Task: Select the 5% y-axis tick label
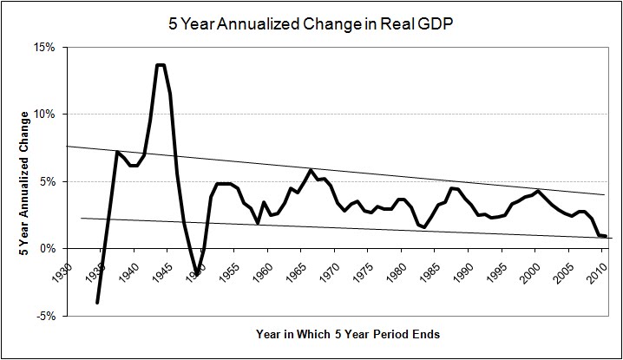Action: tap(45, 182)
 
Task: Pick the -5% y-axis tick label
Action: tap(43, 316)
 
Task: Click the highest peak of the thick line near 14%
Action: tap(161, 65)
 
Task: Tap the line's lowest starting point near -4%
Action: tap(97, 303)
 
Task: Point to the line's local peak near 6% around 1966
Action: tap(311, 170)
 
